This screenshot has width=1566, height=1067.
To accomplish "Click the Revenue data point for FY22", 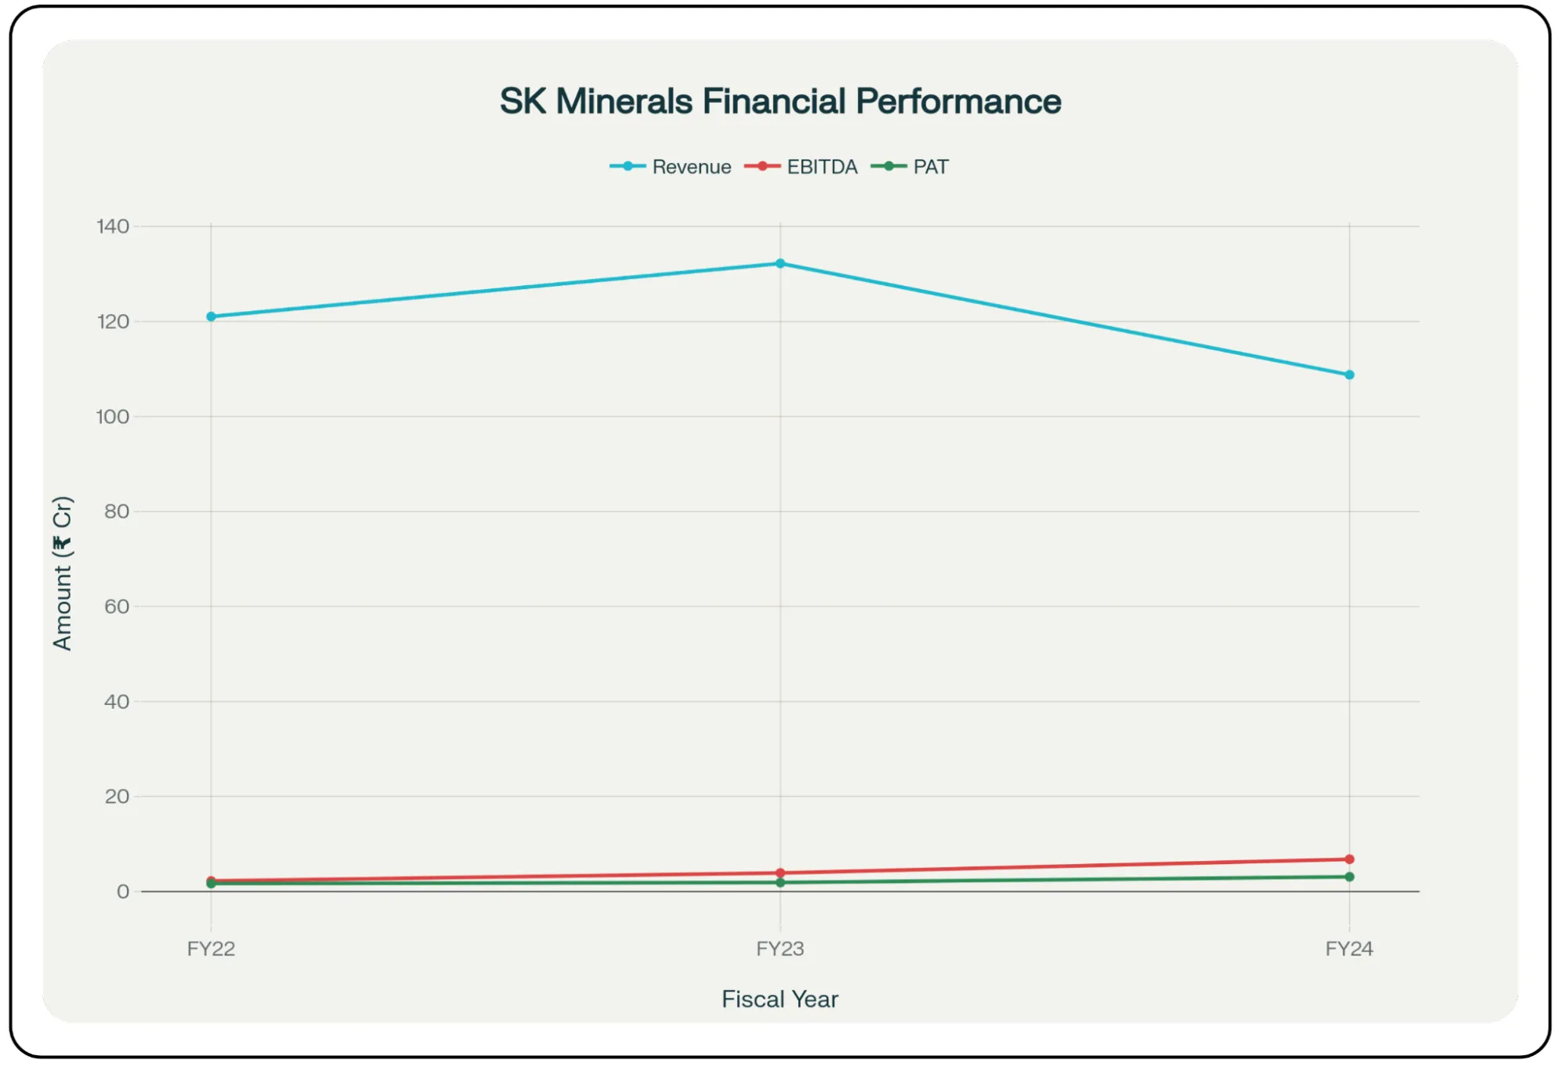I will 211,316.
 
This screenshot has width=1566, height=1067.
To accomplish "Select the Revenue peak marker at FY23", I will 780,264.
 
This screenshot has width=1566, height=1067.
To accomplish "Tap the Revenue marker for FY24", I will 1349,375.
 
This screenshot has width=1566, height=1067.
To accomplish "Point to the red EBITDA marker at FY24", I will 1349,859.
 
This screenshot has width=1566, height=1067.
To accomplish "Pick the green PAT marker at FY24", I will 1349,877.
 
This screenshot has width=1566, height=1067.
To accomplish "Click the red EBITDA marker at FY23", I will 780,873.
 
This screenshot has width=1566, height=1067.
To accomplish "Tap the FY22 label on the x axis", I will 211,949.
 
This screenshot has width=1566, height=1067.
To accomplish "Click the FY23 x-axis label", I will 780,949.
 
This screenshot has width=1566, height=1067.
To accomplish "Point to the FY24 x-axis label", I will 1349,949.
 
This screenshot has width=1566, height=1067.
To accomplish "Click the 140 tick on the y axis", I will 113,226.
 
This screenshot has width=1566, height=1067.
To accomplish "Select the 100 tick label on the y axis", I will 113,417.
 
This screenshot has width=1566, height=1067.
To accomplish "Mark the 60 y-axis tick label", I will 117,606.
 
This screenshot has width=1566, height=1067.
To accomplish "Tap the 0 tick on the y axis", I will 123,892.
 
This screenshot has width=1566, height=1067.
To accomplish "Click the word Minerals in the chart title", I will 624,101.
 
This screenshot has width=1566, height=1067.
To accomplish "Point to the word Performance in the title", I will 957,101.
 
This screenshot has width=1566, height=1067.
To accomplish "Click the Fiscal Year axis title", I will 779,1000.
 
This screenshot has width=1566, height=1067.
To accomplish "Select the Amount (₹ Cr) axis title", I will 63,573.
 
